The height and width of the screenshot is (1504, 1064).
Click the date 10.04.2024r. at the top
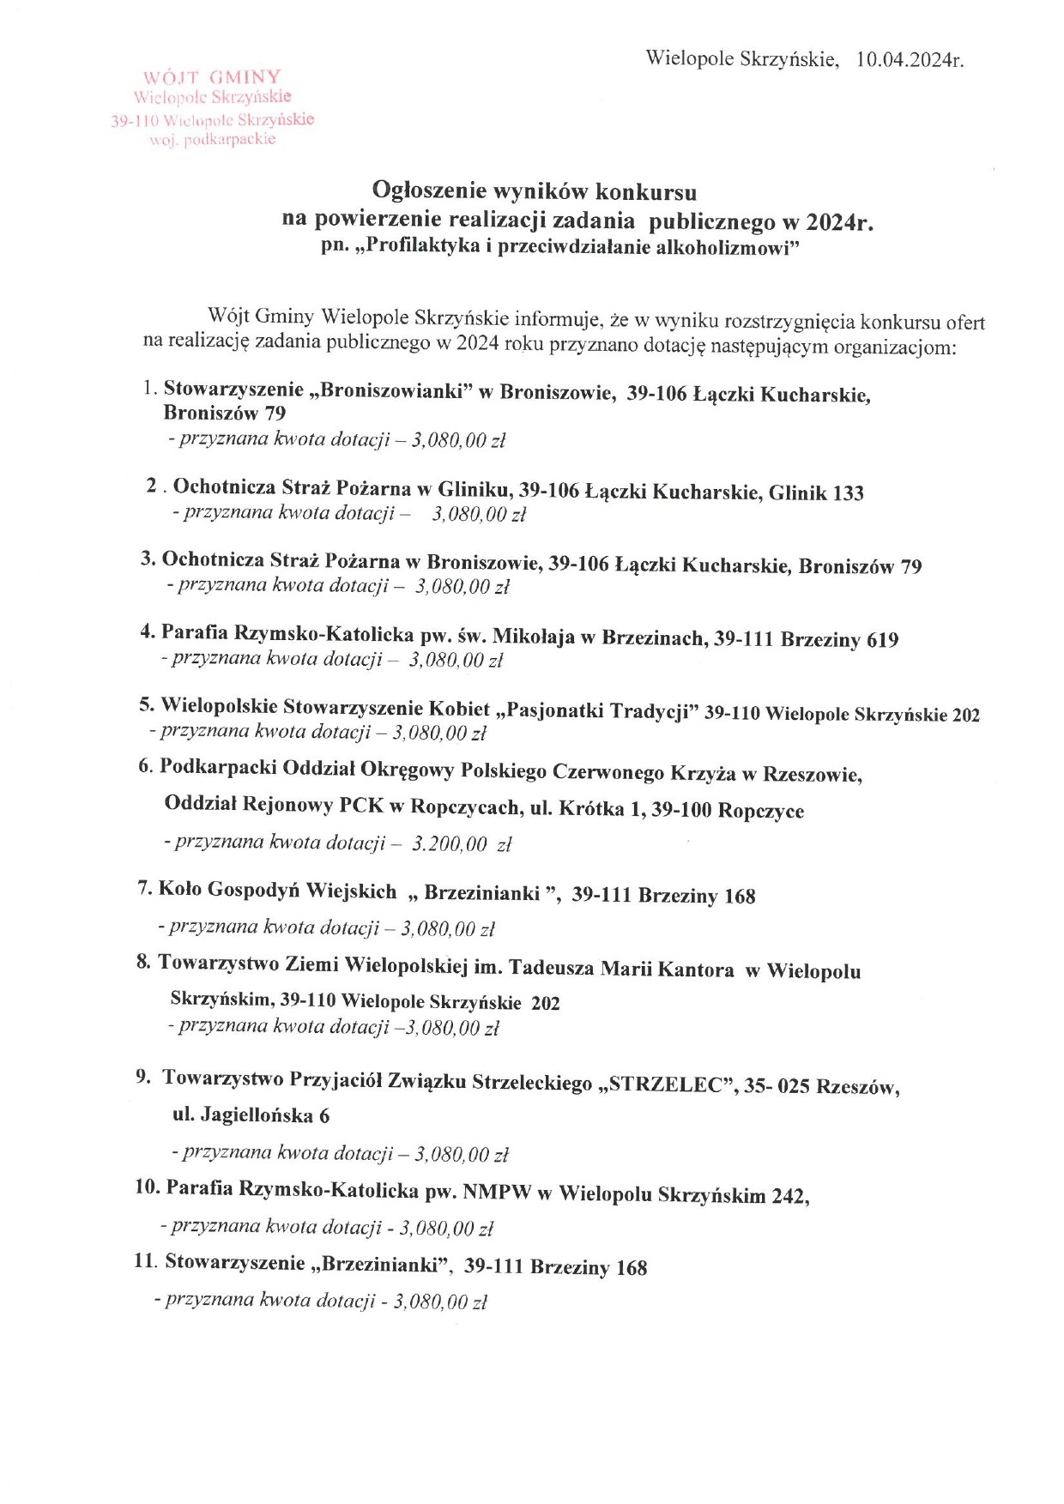click(910, 59)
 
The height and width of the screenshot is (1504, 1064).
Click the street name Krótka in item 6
click(591, 809)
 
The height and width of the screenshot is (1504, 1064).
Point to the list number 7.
click(144, 889)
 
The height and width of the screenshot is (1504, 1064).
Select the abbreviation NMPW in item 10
click(497, 1192)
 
